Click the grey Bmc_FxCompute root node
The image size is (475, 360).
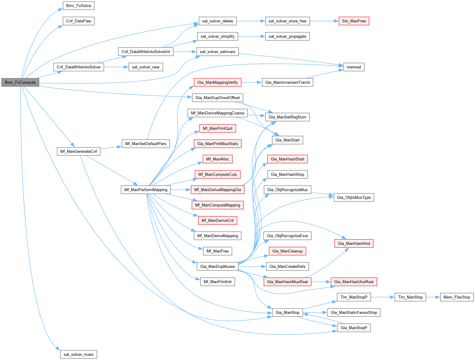pyautogui.click(x=20, y=82)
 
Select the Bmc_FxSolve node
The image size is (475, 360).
pyautogui.click(x=78, y=6)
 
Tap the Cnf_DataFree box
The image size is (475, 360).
pyautogui.click(x=78, y=21)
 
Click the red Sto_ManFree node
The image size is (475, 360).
pyautogui.click(x=354, y=21)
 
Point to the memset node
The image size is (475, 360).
pyautogui.click(x=354, y=67)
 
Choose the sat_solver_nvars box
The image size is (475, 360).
pyautogui.click(x=78, y=355)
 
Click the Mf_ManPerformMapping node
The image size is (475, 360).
pyautogui.click(x=146, y=190)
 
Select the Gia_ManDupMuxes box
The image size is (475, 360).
pyautogui.click(x=217, y=266)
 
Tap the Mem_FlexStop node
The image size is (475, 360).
pyautogui.click(x=457, y=297)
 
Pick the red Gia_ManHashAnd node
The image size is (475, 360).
pyautogui.click(x=354, y=243)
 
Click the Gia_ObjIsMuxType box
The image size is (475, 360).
pyautogui.click(x=354, y=197)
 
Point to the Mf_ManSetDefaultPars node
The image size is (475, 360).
pyautogui.click(x=146, y=144)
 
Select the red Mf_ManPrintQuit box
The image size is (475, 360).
pyautogui.click(x=217, y=128)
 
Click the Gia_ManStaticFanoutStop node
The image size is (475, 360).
pyautogui.click(x=354, y=312)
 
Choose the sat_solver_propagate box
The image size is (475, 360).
pyautogui.click(x=287, y=37)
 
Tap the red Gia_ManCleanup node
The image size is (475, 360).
pyautogui.click(x=287, y=251)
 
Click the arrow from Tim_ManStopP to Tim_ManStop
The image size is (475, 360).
pyautogui.click(x=382, y=297)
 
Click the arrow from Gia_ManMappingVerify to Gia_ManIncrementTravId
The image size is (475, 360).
pyautogui.click(x=251, y=82)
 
